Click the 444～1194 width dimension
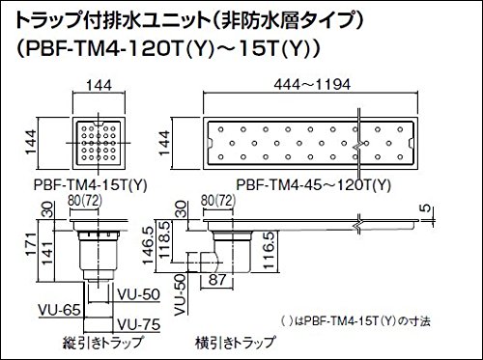click(x=312, y=85)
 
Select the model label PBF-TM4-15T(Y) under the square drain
click(x=91, y=185)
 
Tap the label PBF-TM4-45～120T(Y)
click(x=314, y=185)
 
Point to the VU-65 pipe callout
click(x=59, y=310)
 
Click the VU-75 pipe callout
click(x=139, y=324)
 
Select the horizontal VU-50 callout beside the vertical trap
click(x=139, y=294)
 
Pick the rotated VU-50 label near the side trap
click(x=182, y=294)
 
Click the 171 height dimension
click(x=32, y=245)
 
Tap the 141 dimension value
click(x=47, y=253)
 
